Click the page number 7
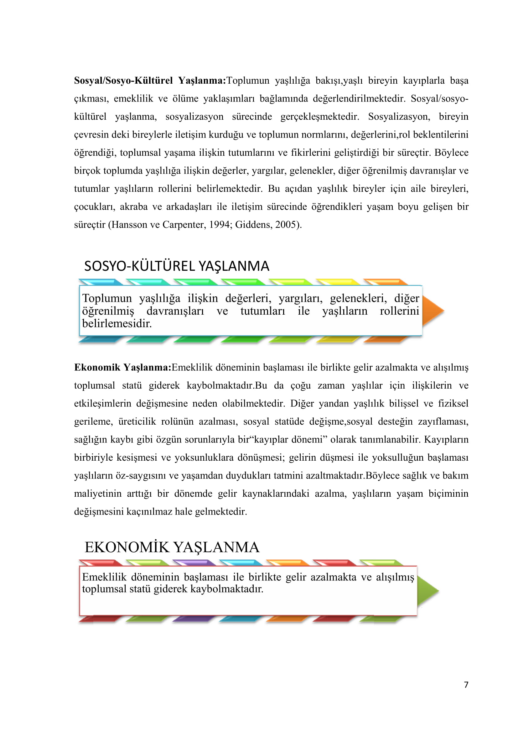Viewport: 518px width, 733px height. point(466,685)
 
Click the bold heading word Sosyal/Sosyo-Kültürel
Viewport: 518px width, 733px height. point(123,81)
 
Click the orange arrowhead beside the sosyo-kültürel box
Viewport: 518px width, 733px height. point(433,311)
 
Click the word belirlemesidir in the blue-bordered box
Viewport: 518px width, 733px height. point(117,324)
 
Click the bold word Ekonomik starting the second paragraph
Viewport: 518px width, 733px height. point(97,368)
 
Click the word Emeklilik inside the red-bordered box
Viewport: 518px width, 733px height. point(104,577)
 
